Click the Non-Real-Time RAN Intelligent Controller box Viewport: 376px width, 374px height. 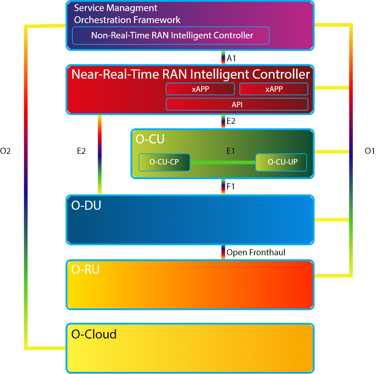(x=171, y=35)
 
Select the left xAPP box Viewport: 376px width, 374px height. (x=200, y=89)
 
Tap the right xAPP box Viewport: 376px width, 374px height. (x=274, y=89)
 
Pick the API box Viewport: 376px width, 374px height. (x=237, y=104)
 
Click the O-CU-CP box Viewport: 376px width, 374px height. (x=164, y=162)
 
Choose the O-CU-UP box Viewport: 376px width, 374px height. (x=281, y=162)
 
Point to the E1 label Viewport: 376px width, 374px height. (x=231, y=151)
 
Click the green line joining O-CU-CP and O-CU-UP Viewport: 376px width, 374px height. (x=223, y=162)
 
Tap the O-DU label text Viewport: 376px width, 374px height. (x=86, y=206)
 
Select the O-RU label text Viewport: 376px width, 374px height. (x=85, y=270)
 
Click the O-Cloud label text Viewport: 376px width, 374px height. (x=94, y=334)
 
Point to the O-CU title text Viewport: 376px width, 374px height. (x=150, y=139)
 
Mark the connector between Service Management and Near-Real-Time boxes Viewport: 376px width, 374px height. (x=223, y=58)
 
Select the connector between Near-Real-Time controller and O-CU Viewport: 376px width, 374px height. (x=223, y=122)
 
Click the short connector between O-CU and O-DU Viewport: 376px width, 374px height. (x=223, y=187)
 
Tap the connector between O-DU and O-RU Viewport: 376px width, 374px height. (x=223, y=252)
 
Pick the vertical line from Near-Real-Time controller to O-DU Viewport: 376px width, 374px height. (x=100, y=154)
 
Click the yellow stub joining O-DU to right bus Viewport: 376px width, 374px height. (x=331, y=220)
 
